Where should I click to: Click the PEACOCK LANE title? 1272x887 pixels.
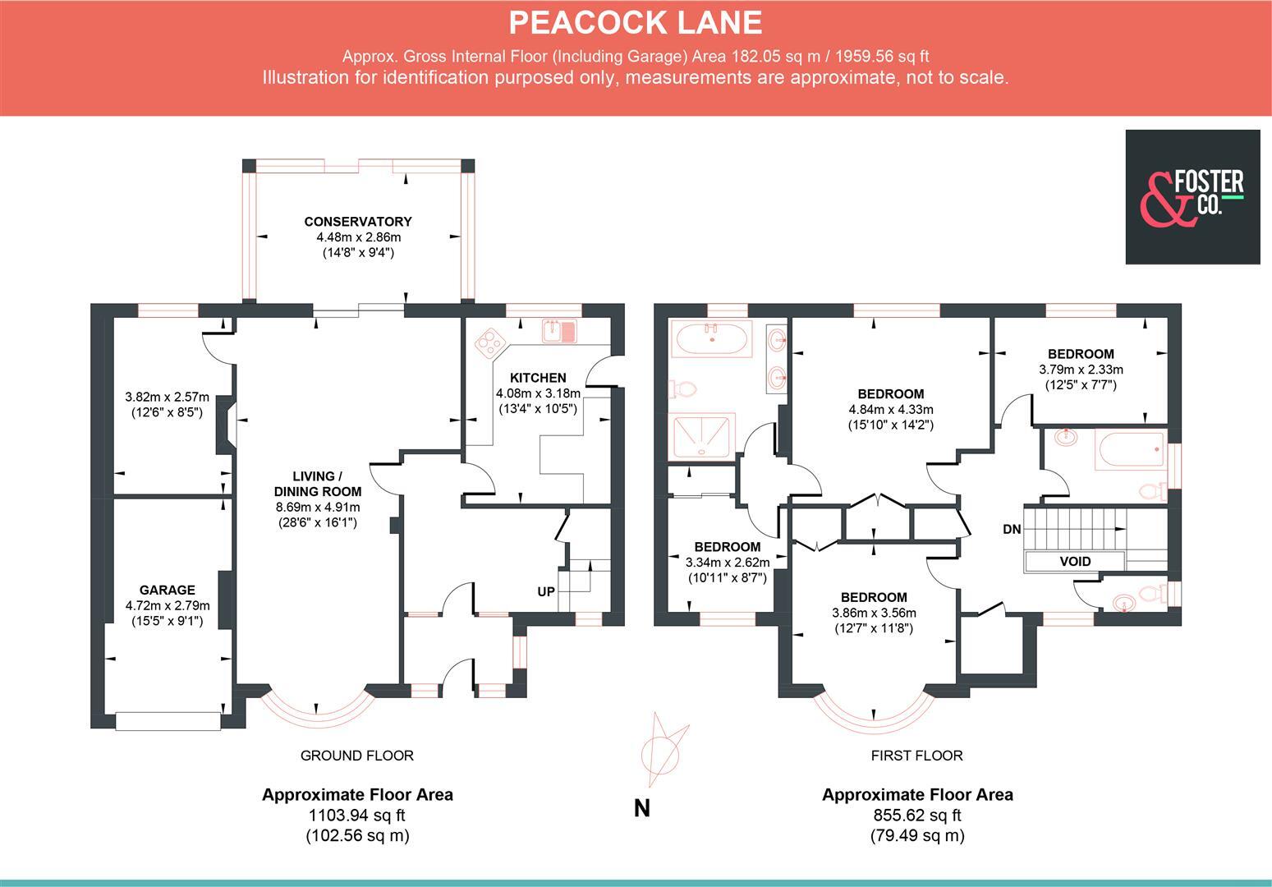636,22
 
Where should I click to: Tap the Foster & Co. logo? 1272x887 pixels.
1192,197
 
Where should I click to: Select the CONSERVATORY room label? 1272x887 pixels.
358,222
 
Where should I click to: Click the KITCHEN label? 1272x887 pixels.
538,378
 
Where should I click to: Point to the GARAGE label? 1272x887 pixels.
167,590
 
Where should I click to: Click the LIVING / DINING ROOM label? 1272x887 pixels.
318,484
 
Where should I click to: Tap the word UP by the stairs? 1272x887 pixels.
545,591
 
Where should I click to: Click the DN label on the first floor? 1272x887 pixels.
1012,530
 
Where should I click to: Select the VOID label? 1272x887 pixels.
1075,562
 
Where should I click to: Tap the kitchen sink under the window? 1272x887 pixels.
561,331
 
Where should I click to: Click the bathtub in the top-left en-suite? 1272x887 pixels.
710,338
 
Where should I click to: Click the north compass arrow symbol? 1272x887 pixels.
662,748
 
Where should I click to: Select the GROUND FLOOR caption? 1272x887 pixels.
357,756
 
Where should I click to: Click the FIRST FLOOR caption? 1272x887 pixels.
916,756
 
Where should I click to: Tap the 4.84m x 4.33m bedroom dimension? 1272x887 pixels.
891,409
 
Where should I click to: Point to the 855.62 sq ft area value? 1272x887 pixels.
917,816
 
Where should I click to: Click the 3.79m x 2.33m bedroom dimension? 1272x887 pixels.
1081,370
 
